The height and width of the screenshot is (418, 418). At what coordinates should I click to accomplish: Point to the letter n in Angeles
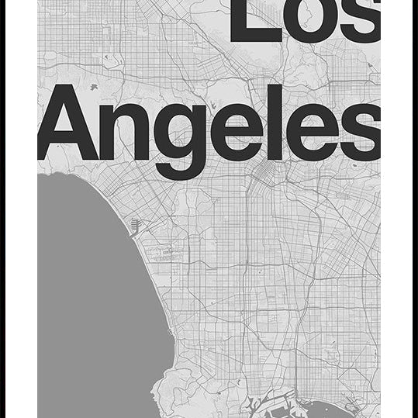(127, 132)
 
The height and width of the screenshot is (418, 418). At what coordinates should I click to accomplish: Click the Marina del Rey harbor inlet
(136, 227)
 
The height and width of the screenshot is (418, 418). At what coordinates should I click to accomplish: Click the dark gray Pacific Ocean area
(85, 310)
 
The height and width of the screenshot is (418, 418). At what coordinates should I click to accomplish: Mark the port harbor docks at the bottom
(271, 403)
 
